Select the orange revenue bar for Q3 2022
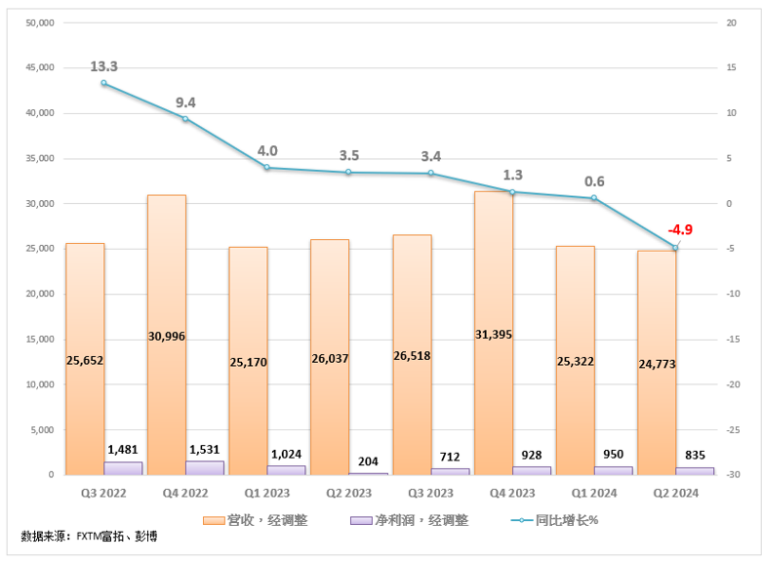coord(85,293)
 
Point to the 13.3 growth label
coord(103,66)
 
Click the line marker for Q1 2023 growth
coord(266,168)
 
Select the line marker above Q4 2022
coord(185,119)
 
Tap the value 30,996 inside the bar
coord(166,336)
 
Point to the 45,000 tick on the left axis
coord(38,67)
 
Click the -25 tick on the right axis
coord(732,429)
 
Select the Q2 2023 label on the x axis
coord(348,494)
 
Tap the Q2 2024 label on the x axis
coord(675,494)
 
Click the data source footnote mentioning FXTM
coord(89,537)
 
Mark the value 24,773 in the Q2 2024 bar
coord(657,363)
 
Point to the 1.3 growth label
coord(512,175)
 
